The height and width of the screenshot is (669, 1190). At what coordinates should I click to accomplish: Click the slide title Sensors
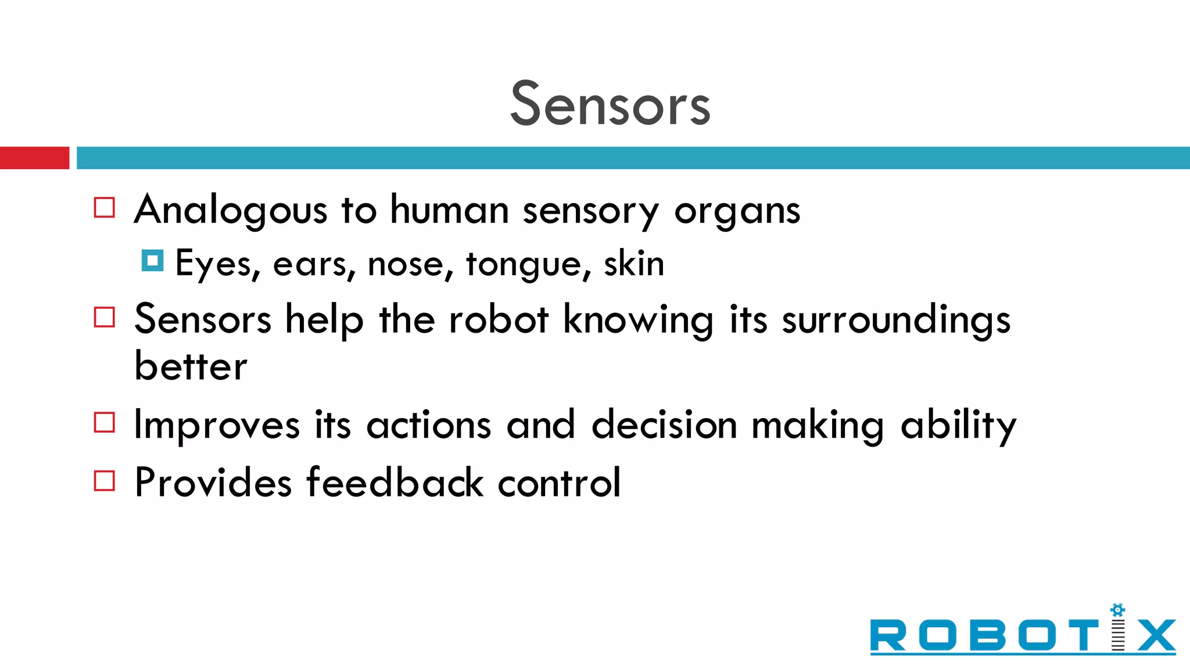click(610, 105)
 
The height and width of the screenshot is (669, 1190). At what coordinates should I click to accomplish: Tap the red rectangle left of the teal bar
click(34, 158)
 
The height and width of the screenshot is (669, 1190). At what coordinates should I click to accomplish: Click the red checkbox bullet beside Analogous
click(105, 207)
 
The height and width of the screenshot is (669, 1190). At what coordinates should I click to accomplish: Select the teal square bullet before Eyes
click(152, 261)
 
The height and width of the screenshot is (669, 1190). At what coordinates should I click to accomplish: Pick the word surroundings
click(895, 321)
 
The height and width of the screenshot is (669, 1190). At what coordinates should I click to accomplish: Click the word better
click(191, 366)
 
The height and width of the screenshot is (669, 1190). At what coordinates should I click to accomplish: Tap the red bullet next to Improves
click(105, 422)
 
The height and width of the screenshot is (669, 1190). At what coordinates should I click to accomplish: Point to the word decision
click(664, 425)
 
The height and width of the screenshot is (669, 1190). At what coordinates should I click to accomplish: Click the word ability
click(958, 426)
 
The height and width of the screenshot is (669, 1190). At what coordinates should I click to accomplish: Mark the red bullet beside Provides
click(105, 481)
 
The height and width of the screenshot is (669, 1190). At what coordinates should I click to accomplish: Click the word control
click(559, 483)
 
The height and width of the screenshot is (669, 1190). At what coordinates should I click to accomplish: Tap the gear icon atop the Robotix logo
click(1117, 610)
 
